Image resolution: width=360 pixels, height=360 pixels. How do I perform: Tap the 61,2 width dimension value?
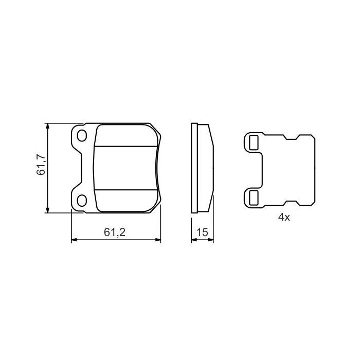[115, 232]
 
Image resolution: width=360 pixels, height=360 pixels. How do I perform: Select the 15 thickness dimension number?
[202, 232]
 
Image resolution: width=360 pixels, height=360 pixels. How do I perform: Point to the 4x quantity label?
[284, 218]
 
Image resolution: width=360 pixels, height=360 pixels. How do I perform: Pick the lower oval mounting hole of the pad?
[82, 200]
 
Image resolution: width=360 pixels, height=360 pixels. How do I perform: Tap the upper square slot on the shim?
[253, 142]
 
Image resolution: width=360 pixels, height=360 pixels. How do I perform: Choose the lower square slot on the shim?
[253, 196]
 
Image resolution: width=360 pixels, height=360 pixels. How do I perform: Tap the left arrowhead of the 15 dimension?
[193, 239]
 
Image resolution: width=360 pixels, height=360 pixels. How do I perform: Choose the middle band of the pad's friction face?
[127, 168]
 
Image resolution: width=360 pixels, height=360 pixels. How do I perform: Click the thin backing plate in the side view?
[194, 168]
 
